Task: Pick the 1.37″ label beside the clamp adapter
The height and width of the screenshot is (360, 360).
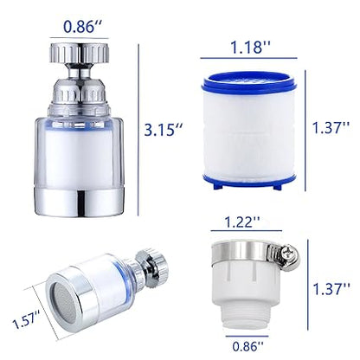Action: [x=334, y=284]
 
